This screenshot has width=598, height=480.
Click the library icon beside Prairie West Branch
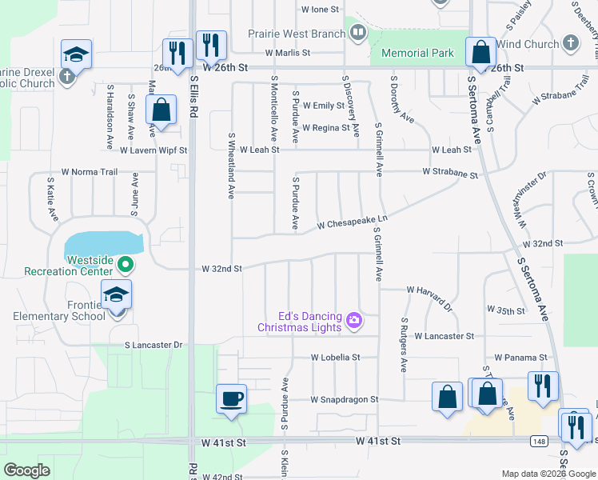click(358, 34)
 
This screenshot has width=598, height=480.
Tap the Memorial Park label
click(417, 54)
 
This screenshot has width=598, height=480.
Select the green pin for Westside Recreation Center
click(125, 263)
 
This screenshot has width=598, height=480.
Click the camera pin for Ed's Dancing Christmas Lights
click(353, 322)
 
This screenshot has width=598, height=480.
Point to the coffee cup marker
click(231, 398)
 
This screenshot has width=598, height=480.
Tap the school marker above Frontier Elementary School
click(116, 295)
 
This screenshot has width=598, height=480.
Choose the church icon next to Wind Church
click(570, 43)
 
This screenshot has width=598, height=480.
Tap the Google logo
click(27, 470)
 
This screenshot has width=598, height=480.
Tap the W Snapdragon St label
click(345, 398)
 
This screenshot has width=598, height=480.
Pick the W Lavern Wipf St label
click(153, 150)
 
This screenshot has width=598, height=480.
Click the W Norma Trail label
click(90, 172)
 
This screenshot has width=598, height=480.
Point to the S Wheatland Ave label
click(230, 166)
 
